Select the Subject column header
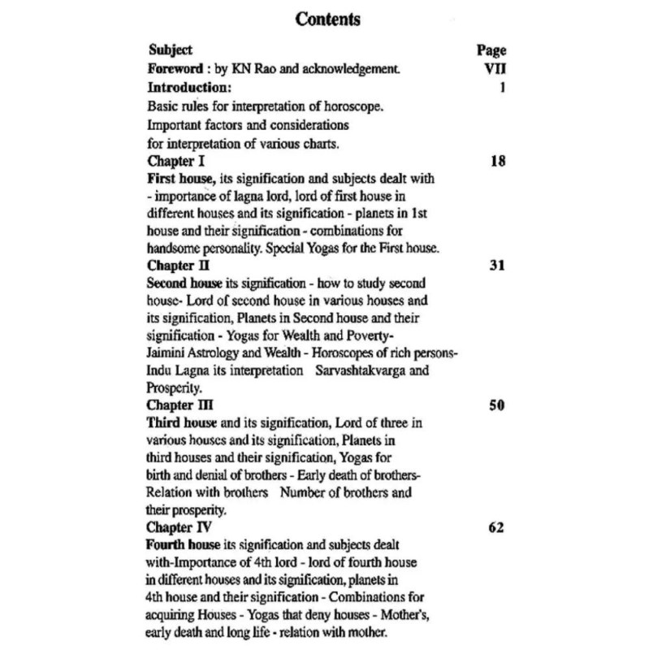(171, 50)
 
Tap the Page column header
(491, 50)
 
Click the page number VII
(494, 68)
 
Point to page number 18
(498, 161)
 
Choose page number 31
(498, 265)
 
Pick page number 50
(498, 405)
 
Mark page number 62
(498, 527)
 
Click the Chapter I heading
(176, 161)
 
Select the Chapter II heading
(179, 265)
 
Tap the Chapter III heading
(181, 405)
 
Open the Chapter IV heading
(181, 527)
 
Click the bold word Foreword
(175, 68)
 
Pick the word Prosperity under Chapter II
(174, 388)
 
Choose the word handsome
(175, 249)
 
